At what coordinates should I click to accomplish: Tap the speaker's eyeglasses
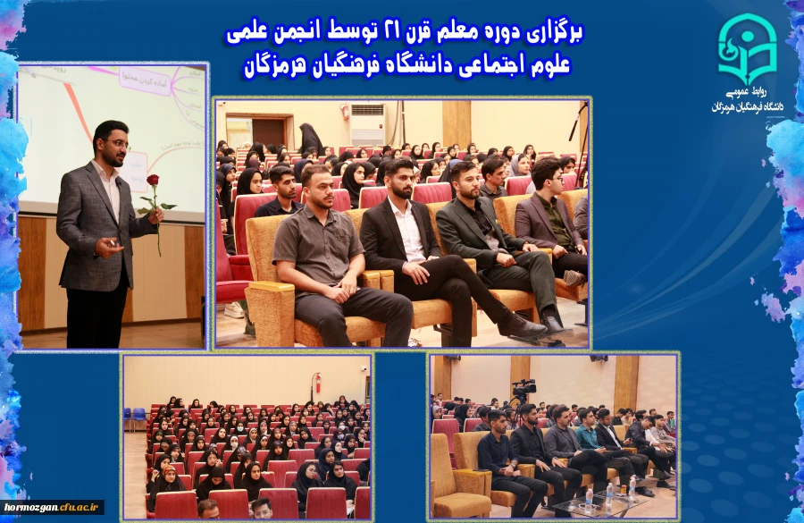[x=116, y=142]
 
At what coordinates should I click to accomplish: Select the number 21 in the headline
[x=392, y=34]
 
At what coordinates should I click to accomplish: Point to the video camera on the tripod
[x=523, y=390]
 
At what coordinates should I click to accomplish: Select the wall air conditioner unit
[x=367, y=110]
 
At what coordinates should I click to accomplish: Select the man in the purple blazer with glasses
[x=547, y=210]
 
